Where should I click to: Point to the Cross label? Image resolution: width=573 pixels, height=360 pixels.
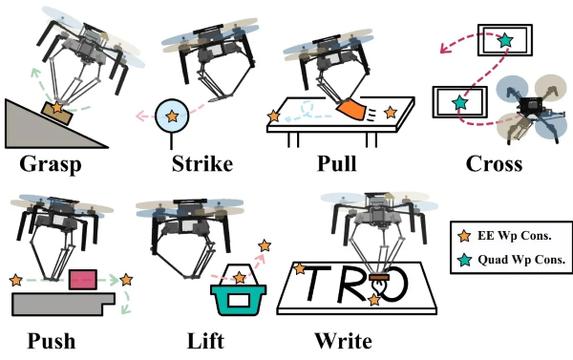point(494,163)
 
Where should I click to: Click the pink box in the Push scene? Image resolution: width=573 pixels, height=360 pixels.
point(83,280)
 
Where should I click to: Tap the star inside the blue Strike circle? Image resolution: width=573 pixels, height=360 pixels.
point(172,116)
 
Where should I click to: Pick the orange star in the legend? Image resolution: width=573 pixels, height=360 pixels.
point(466,232)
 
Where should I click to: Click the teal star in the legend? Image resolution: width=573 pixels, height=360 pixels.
point(466,254)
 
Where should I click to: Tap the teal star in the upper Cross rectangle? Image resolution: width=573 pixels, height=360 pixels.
point(503,41)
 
